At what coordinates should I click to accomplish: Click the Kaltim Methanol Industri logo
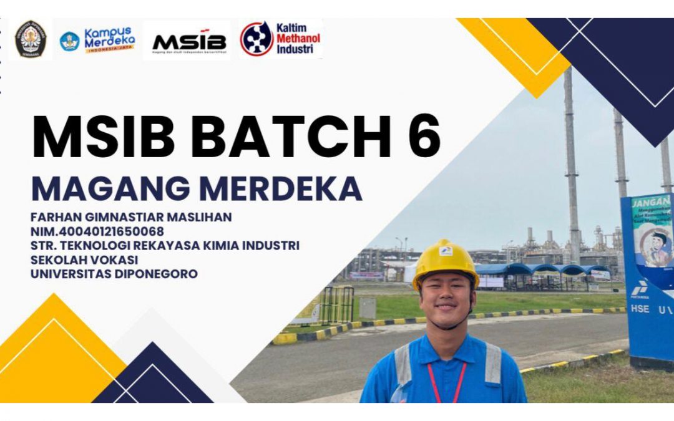[280, 39]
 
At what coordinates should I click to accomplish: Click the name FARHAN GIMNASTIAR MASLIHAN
[131, 217]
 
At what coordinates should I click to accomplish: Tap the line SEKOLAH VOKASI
[84, 259]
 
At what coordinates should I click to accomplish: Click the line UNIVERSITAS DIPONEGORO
[114, 273]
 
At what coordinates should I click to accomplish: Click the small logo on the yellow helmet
[446, 251]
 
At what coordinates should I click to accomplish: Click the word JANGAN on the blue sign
[650, 203]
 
